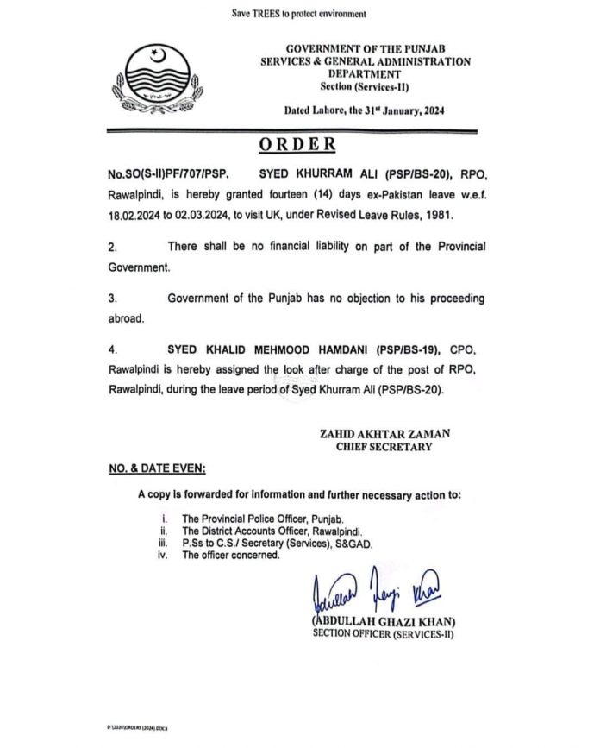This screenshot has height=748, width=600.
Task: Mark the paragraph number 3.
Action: click(113, 298)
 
